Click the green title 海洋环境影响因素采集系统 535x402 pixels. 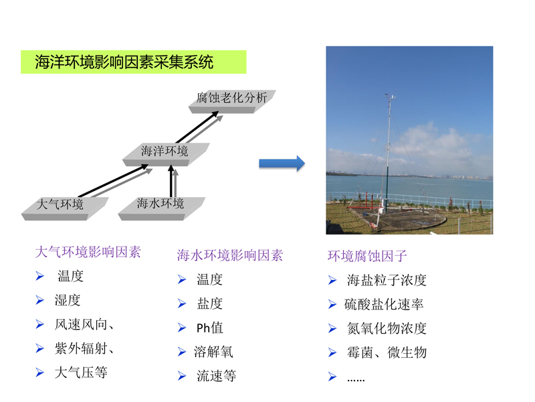click(x=124, y=62)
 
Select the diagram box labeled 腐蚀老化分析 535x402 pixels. click(x=232, y=101)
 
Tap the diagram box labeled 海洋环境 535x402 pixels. click(x=166, y=154)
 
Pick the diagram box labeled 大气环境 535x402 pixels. click(x=65, y=208)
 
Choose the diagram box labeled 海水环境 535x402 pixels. click(x=161, y=208)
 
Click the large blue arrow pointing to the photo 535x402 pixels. click(x=282, y=163)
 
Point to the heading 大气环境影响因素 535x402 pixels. click(x=88, y=252)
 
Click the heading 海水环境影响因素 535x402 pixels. click(x=230, y=255)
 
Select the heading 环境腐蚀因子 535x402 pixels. click(x=367, y=256)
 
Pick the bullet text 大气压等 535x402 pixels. click(x=81, y=373)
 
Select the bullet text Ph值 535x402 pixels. click(x=209, y=328)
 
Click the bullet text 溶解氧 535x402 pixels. click(x=213, y=352)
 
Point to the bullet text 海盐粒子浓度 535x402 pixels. click(x=387, y=280)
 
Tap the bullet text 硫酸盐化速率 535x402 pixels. click(x=384, y=304)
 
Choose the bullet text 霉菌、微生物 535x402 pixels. click(x=387, y=352)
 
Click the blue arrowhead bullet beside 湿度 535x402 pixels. click(x=40, y=300)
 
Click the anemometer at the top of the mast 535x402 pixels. click(x=391, y=96)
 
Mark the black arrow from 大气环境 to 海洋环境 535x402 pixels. click(x=113, y=181)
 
